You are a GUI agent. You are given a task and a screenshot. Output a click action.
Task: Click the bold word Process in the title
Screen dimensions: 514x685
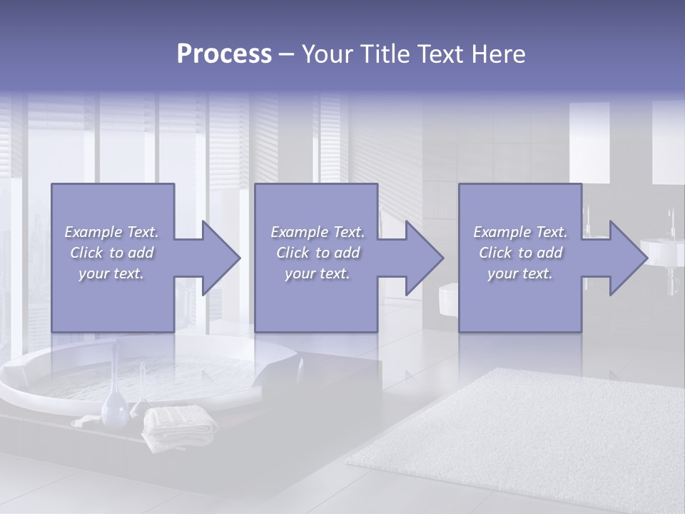pos(224,54)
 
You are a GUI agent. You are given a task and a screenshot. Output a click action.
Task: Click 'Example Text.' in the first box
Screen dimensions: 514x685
pos(112,232)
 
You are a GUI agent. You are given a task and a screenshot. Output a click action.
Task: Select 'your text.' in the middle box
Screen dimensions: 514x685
pos(317,273)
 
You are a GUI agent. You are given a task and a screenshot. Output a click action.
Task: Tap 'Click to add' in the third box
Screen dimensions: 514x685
pos(520,253)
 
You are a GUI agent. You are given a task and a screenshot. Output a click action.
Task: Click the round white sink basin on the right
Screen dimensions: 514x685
pos(662,251)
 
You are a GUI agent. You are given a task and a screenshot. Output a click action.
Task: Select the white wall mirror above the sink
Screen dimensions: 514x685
pos(589,143)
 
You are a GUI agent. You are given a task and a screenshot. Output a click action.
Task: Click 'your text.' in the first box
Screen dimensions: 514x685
pos(111,273)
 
